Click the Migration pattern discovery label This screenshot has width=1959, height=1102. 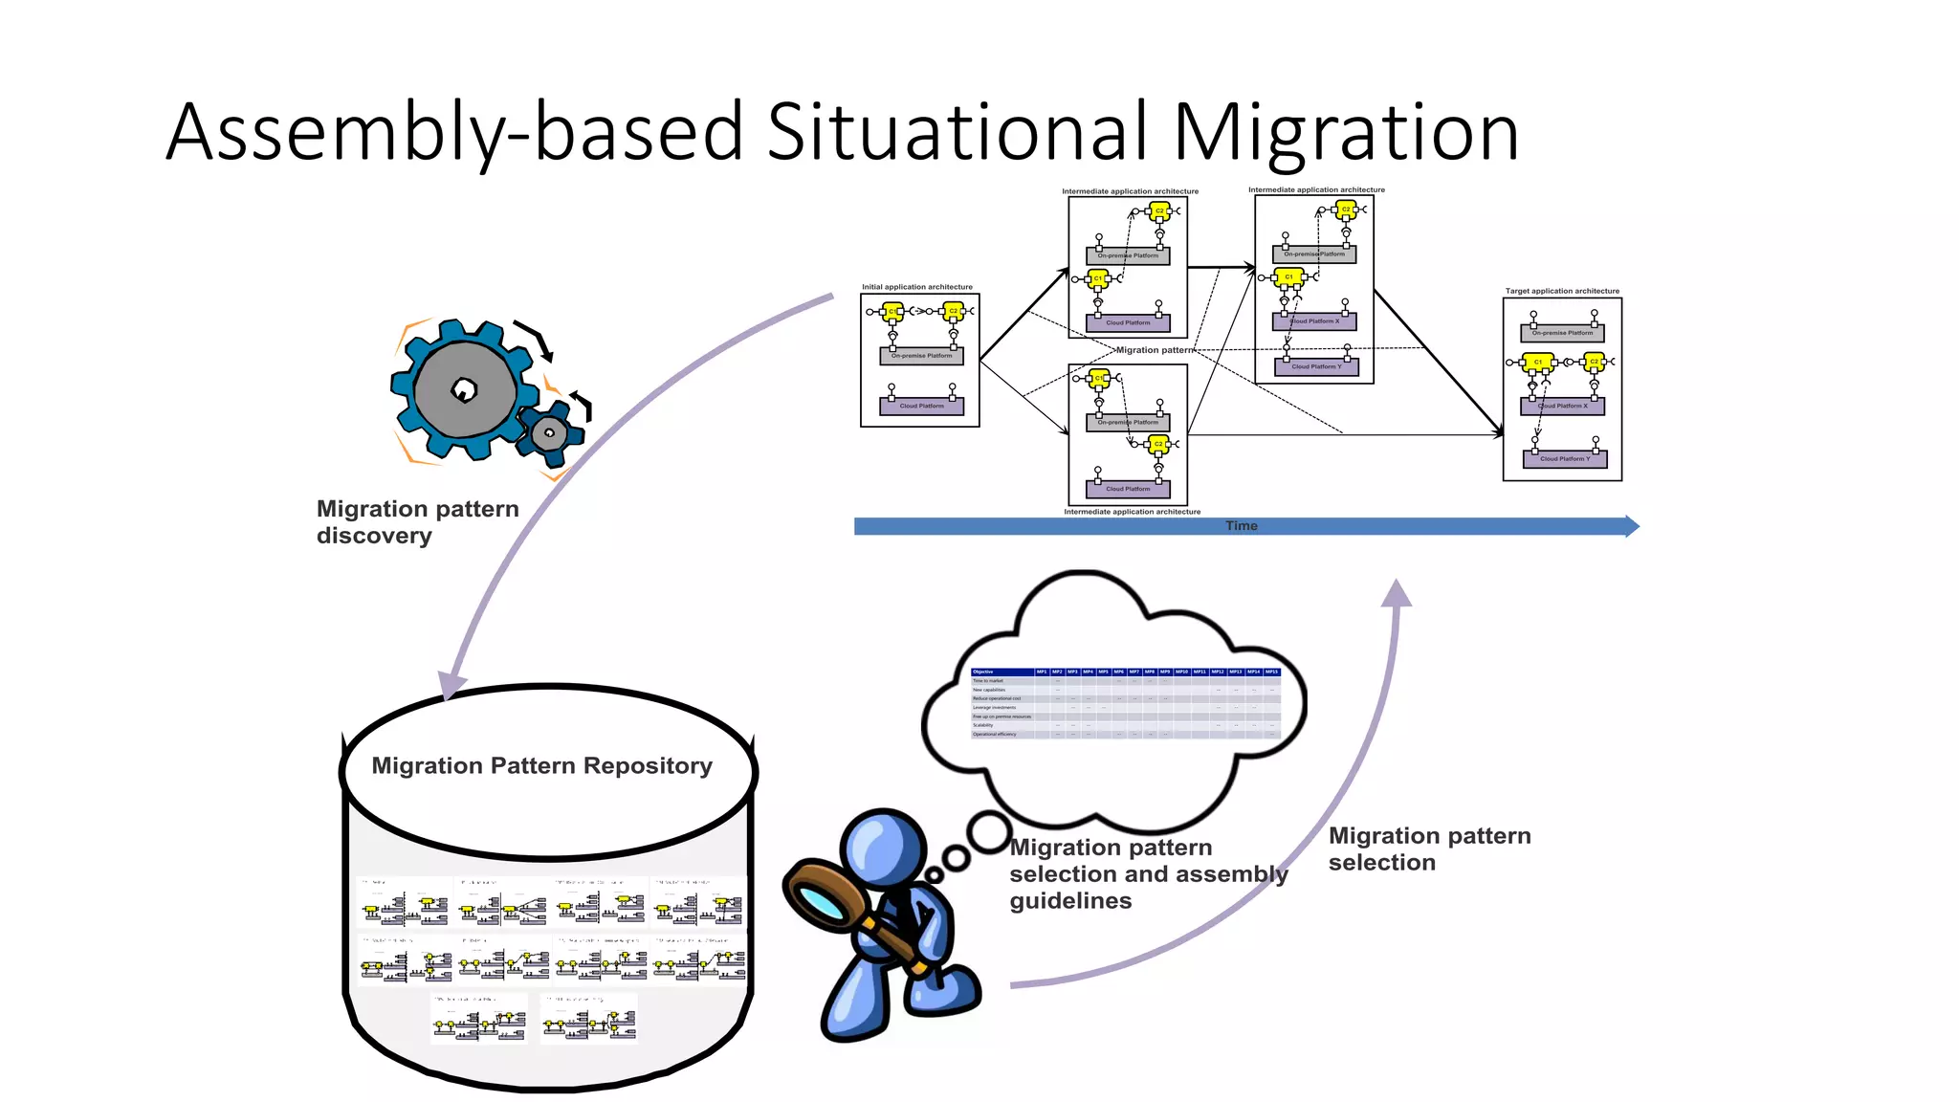[417, 522]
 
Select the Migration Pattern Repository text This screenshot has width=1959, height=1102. [541, 766]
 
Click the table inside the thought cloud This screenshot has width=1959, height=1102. [1125, 703]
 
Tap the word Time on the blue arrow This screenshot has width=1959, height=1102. [1241, 526]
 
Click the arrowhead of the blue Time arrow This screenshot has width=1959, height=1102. [1631, 526]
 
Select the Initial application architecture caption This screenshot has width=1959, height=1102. [916, 287]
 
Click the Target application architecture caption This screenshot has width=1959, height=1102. [1562, 291]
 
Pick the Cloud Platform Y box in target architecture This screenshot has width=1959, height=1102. [1564, 459]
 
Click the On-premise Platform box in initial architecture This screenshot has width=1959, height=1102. [921, 356]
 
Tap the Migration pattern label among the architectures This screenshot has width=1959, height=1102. [1155, 350]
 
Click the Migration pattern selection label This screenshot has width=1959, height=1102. [1429, 849]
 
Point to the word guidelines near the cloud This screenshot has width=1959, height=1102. [1070, 901]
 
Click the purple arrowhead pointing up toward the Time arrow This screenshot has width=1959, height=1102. [1397, 593]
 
